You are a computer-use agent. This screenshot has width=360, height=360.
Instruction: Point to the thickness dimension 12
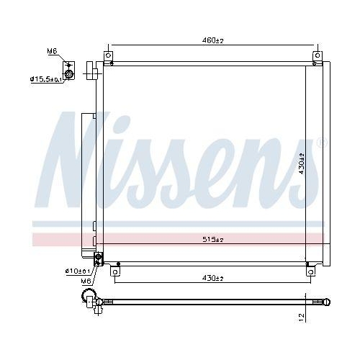tap(303, 315)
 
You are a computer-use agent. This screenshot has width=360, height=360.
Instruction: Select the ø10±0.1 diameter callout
tap(78, 271)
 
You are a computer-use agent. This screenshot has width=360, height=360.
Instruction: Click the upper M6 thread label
tap(52, 52)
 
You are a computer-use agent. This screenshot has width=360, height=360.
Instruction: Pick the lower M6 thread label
tap(85, 281)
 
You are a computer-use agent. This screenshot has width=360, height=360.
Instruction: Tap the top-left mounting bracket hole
tap(109, 55)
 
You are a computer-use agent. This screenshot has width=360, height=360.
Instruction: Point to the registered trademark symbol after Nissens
tap(322, 143)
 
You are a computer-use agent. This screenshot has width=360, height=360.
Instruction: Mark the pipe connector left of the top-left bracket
tap(91, 70)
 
